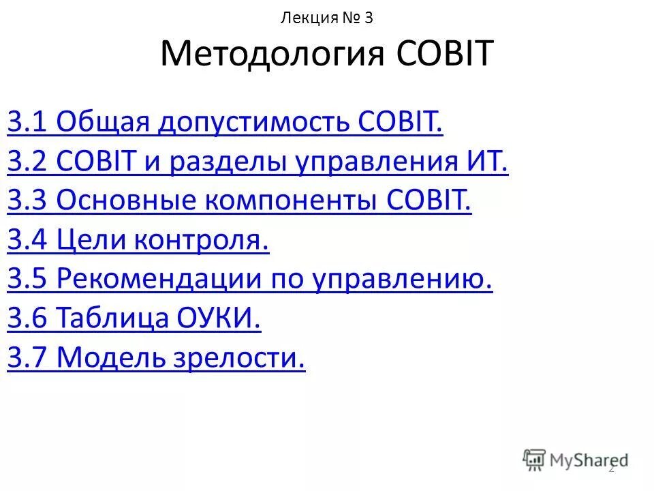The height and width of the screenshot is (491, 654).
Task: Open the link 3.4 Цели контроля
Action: (138, 240)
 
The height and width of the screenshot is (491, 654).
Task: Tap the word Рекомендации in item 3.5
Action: (160, 279)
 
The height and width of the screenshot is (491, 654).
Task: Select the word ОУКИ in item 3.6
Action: (219, 318)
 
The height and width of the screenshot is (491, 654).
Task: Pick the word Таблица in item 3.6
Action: (113, 318)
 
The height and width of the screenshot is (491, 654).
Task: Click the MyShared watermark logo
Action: (576, 459)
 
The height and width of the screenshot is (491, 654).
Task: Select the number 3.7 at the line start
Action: (28, 357)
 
